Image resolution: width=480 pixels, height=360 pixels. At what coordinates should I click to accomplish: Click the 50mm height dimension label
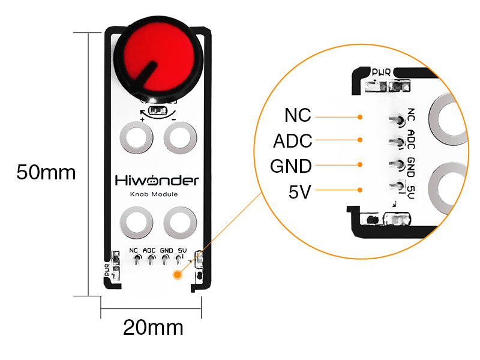coord(46,172)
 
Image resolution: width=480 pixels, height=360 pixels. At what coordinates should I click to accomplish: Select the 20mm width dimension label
coord(153,327)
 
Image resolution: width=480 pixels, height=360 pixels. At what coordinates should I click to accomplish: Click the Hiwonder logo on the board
coord(157,181)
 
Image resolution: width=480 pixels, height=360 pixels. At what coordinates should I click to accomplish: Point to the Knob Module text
coord(154,194)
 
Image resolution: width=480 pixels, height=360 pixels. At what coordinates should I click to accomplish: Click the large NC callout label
coord(298,115)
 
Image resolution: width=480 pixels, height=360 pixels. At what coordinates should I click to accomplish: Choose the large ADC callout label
coord(293,141)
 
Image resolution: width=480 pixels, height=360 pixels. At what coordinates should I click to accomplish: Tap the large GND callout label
coord(291,166)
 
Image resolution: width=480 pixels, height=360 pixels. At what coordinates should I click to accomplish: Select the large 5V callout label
coord(299,192)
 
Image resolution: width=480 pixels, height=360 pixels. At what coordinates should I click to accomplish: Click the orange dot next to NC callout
coord(360,117)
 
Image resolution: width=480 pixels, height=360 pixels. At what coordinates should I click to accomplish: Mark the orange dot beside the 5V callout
coord(360,190)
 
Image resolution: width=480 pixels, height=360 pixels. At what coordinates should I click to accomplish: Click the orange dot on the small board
coord(177,275)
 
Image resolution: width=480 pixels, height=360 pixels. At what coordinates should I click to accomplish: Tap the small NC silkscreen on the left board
coord(133,250)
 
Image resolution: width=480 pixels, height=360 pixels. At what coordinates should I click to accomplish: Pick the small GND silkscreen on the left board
coord(167,250)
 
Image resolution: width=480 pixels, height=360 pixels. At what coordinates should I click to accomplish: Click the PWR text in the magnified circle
coord(381,72)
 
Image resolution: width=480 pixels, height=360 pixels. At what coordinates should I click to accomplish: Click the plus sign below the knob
coord(142,119)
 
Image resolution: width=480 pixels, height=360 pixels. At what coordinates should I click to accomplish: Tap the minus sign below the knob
coord(173,119)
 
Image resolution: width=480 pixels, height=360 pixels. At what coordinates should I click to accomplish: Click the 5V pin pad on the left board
coord(178,259)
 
